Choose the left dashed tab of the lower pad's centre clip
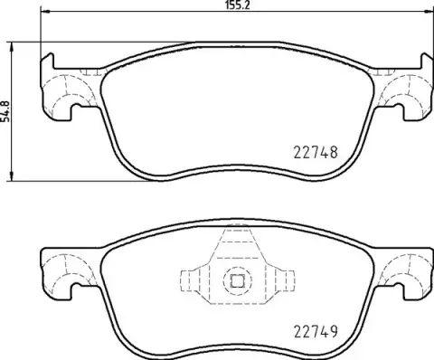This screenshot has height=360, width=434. (x=192, y=279)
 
